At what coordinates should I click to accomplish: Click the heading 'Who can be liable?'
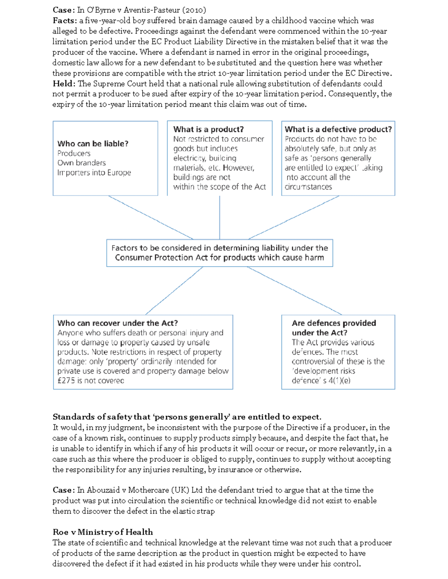[93, 144]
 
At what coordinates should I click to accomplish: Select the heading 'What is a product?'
[208, 129]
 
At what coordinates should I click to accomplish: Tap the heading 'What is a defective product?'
[338, 129]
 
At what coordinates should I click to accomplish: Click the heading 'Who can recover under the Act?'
[118, 323]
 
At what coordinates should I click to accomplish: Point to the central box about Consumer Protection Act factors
[220, 253]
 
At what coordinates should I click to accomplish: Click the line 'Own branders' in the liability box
[81, 163]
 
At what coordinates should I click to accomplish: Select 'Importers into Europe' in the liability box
[94, 173]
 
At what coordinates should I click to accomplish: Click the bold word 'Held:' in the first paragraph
[64, 84]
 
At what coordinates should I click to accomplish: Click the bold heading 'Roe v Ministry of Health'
[103, 532]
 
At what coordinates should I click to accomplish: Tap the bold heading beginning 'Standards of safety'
[187, 417]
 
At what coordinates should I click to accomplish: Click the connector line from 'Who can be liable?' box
[151, 217]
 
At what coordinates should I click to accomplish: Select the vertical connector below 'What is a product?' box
[220, 217]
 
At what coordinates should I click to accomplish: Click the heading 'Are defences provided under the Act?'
[334, 328]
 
